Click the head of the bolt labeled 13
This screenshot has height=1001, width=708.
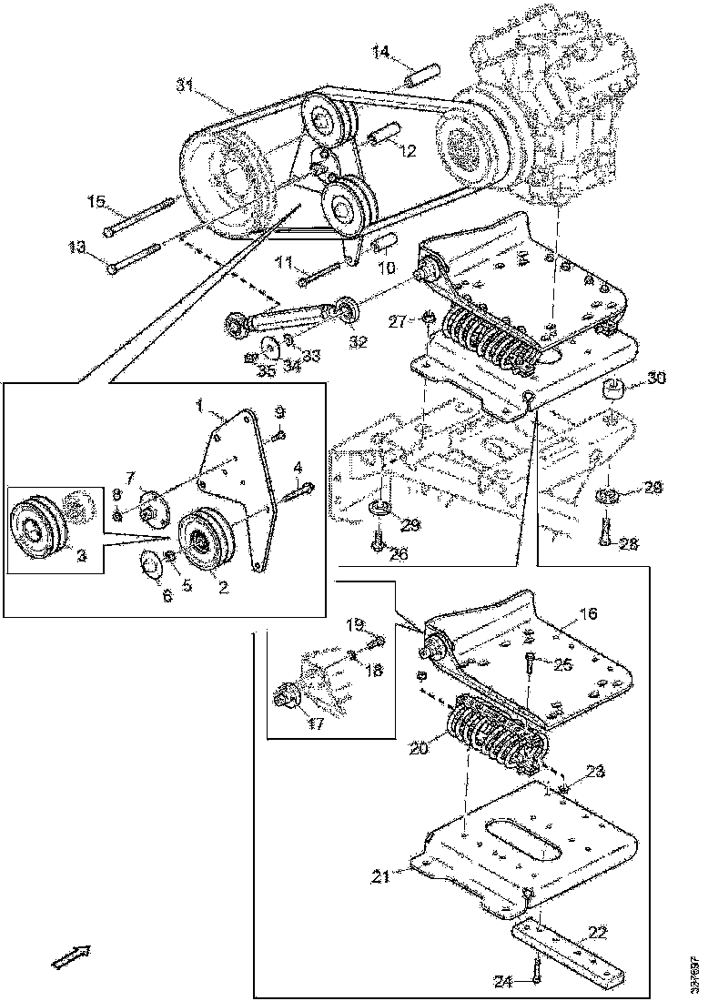112,268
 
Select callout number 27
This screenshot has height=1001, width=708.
397,320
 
